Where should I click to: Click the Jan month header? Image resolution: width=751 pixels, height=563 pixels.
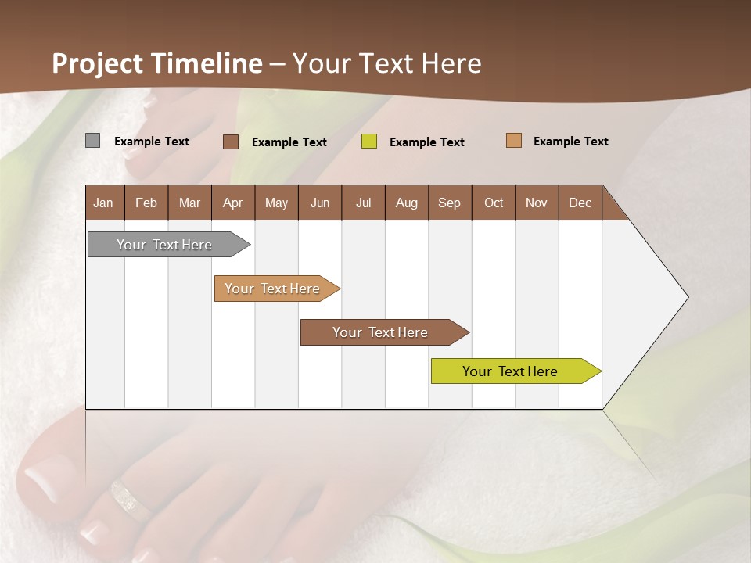(x=104, y=203)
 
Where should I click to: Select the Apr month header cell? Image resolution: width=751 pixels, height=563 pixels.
(x=233, y=203)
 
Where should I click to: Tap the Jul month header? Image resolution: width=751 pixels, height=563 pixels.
(x=363, y=203)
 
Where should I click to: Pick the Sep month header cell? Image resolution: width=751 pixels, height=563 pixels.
(x=450, y=203)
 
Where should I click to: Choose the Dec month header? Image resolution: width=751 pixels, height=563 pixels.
(x=580, y=203)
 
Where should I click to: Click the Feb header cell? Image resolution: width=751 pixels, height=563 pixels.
(x=146, y=203)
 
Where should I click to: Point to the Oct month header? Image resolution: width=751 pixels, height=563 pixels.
(x=494, y=203)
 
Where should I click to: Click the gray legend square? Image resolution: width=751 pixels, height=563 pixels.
(x=93, y=141)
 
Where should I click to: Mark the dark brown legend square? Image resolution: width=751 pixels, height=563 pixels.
(x=231, y=142)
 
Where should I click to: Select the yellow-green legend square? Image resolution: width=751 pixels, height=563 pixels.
(x=369, y=142)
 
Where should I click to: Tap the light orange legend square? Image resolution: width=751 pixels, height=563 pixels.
(x=514, y=141)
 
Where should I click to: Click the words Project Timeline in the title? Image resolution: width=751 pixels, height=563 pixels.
(x=157, y=63)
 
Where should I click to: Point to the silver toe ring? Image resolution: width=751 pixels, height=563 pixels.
(x=128, y=500)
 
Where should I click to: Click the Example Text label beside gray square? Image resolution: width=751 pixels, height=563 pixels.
(x=152, y=142)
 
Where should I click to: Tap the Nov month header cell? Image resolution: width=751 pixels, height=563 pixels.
(x=537, y=203)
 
